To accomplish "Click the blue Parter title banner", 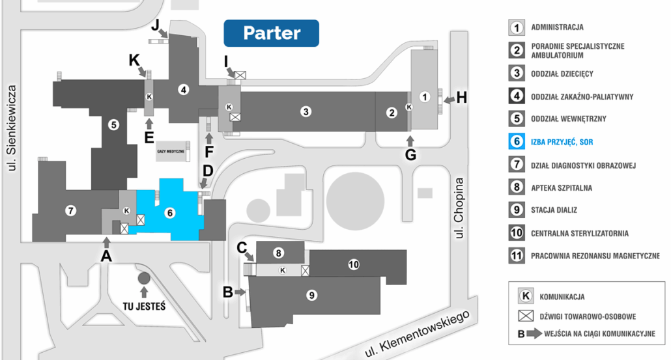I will (271, 33).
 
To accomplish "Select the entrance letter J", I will (155, 25).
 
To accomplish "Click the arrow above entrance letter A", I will (107, 242).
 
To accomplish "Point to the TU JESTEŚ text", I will (143, 305).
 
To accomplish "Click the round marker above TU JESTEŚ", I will (143, 278).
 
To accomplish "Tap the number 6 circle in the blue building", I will (170, 212).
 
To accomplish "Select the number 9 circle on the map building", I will (312, 295).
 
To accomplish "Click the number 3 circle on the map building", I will (306, 111).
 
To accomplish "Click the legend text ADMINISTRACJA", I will (557, 27).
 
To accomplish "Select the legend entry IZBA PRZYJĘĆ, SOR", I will (562, 141).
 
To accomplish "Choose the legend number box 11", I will (517, 256).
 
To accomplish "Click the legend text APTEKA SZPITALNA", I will (562, 187).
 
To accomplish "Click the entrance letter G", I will (410, 156).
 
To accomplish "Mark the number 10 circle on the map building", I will (353, 264).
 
